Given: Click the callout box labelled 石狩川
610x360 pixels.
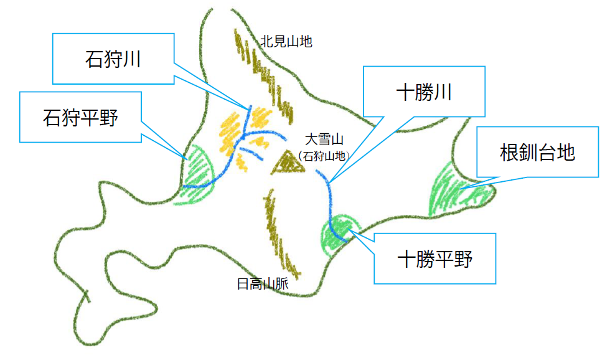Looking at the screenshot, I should click(113, 59).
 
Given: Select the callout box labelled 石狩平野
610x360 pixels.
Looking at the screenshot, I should click(81, 117).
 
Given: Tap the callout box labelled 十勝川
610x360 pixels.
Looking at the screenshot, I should click(424, 92).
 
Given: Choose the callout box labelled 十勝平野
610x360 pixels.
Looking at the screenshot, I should click(434, 258).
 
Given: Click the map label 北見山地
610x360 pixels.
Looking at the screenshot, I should click(286, 42).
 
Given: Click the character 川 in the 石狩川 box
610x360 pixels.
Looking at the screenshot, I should click(131, 60).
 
